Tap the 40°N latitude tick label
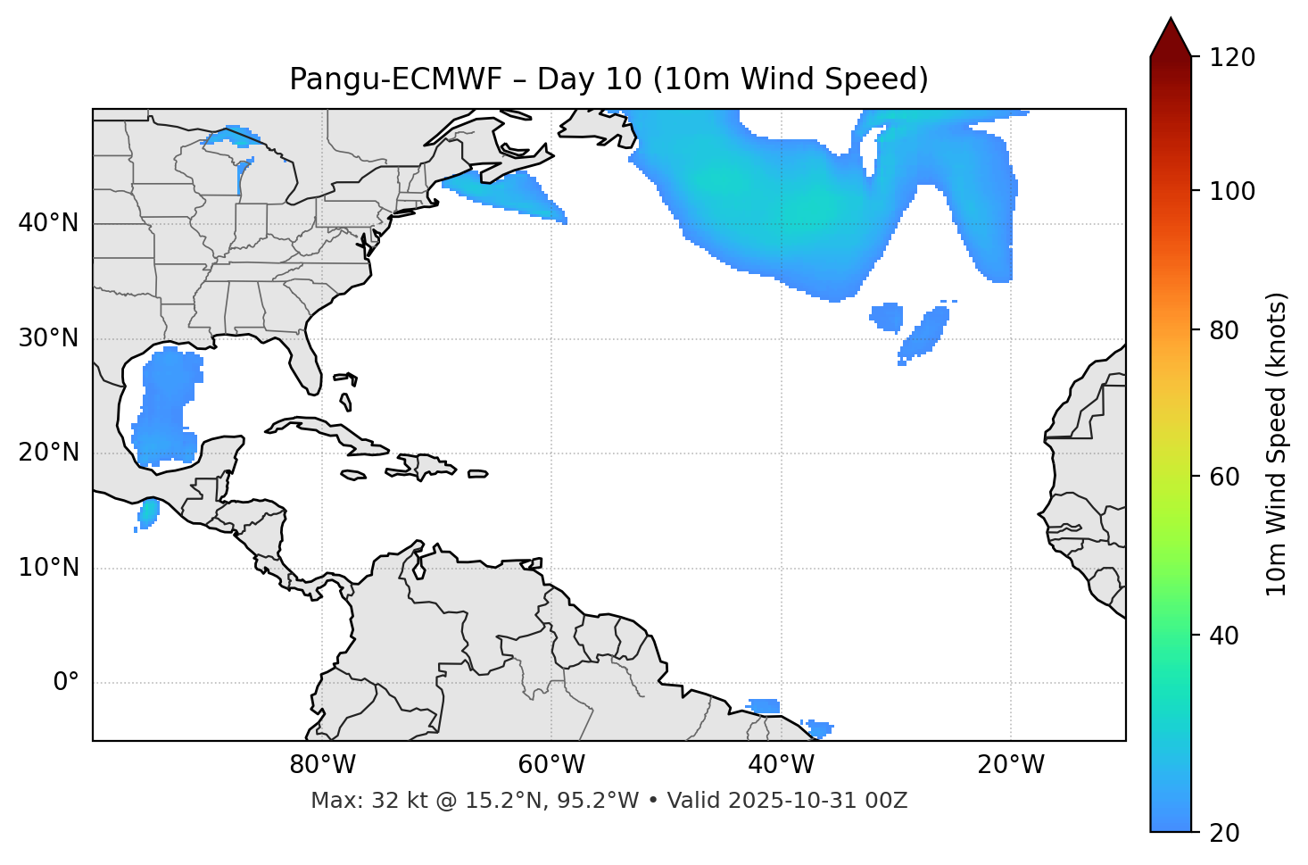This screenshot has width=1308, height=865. coord(48,223)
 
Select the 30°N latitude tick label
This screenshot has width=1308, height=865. coord(48,338)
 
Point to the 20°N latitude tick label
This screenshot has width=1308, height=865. coord(48,453)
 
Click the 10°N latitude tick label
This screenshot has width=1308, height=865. coord(48,568)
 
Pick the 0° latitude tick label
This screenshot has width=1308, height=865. coord(65,683)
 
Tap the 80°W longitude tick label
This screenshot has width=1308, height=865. coord(322,765)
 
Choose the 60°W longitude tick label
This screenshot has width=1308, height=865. coord(551,765)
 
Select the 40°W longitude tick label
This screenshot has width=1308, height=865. coord(781,765)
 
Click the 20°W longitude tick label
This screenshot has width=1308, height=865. coord(1010,765)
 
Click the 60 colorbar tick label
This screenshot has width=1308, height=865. coord(1223,477)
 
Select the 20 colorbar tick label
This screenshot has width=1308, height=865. coord(1223,833)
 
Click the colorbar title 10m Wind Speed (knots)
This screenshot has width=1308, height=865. coord(1277,444)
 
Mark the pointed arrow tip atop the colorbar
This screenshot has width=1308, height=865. coord(1171,20)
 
